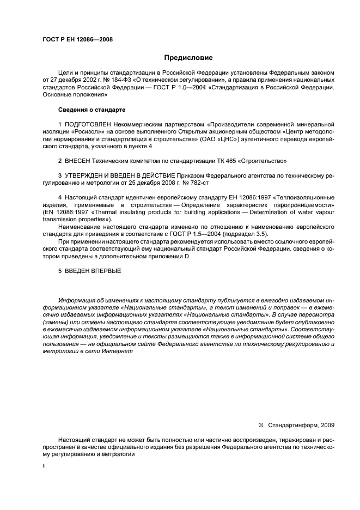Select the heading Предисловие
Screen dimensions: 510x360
click(x=188, y=58)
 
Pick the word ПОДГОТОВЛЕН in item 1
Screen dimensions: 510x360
click(x=88, y=125)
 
